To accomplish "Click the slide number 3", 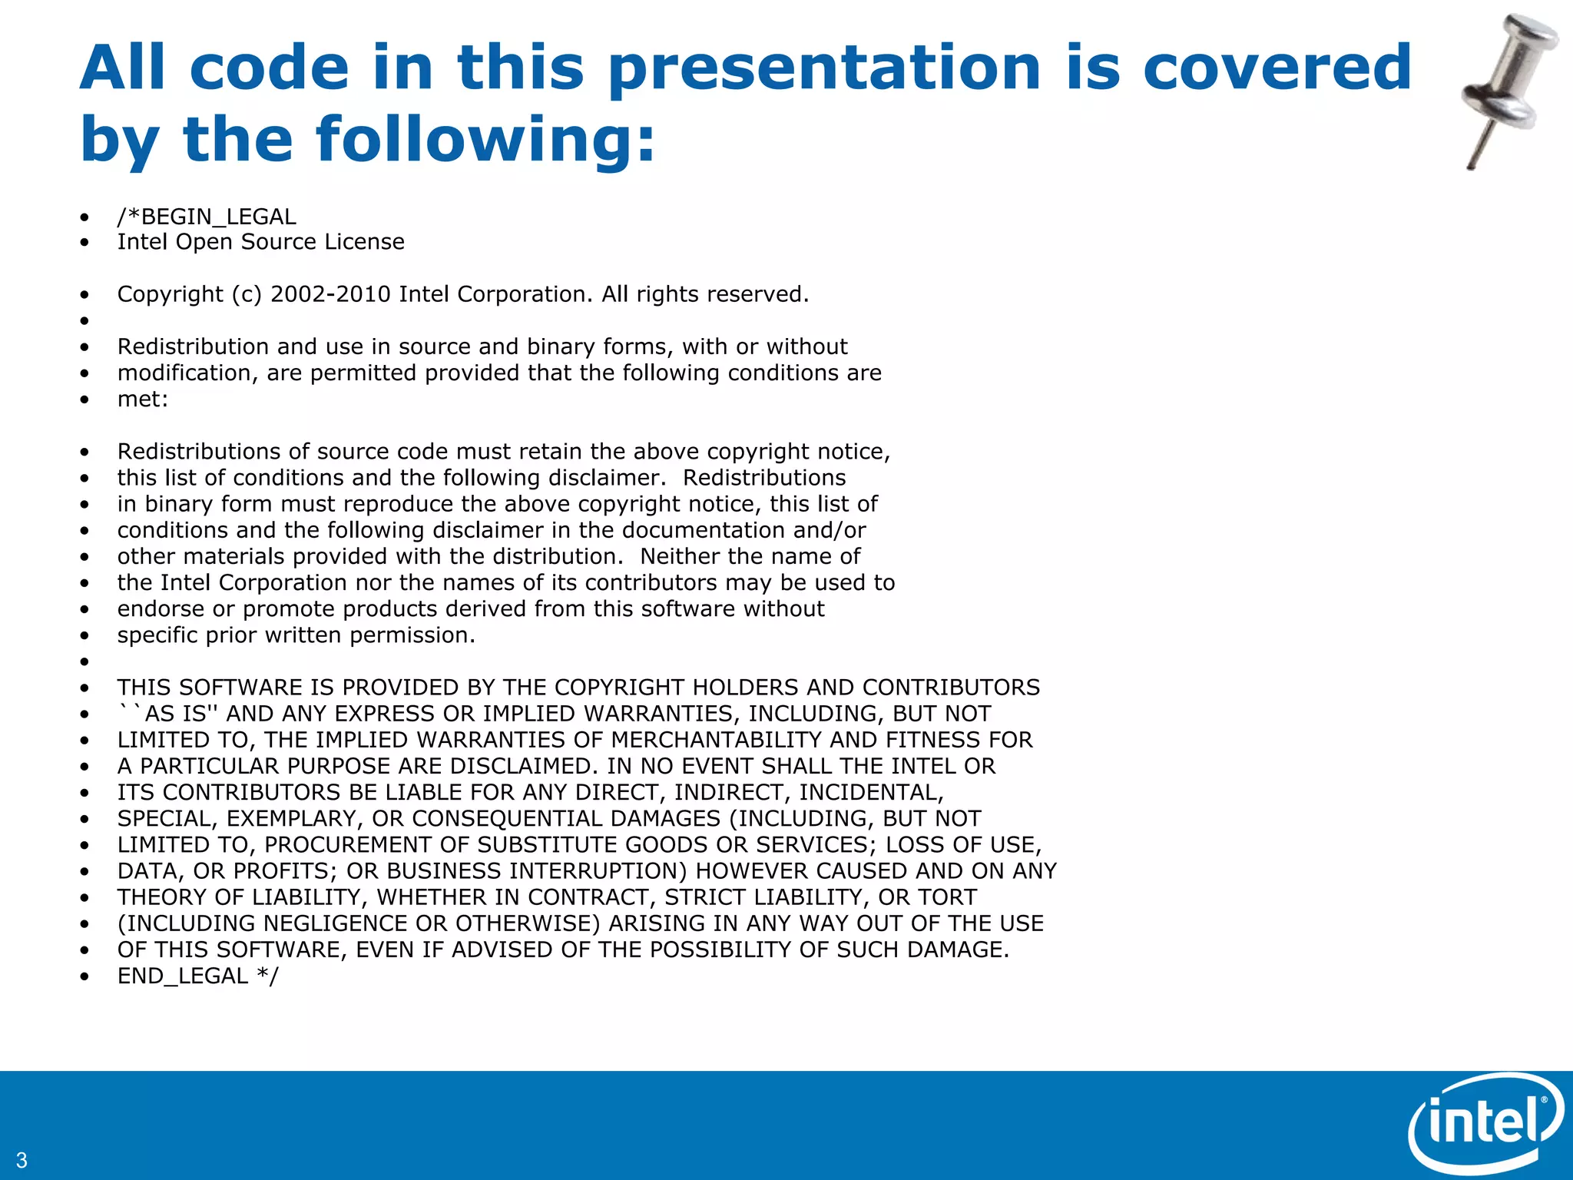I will click(21, 1160).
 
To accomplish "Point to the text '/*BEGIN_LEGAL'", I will click(207, 217).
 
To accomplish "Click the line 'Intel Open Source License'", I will click(260, 242).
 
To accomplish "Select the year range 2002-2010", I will click(330, 294).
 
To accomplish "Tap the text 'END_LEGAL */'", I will click(198, 976).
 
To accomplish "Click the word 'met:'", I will click(143, 399).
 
